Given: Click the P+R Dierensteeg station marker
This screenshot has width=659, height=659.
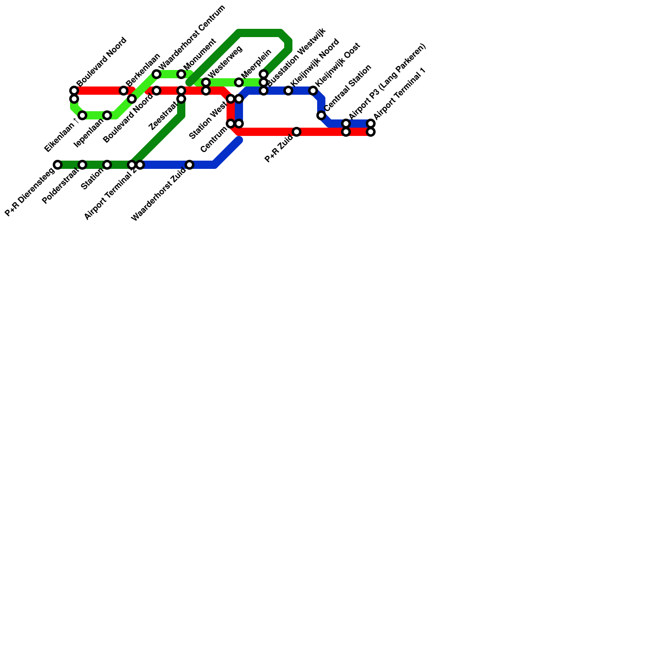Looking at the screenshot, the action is click(x=58, y=165).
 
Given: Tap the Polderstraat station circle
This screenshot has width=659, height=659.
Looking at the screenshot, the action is click(x=82, y=165).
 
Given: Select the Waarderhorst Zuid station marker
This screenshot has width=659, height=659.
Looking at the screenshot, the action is click(x=189, y=165).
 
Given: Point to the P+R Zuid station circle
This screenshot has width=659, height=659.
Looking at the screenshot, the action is click(x=297, y=132).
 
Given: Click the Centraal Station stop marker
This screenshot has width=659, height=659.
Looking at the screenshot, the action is click(x=321, y=115).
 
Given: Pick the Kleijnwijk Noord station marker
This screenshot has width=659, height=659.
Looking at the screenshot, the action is click(x=288, y=91).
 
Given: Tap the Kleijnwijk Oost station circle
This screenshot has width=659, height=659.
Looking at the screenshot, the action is click(x=313, y=91).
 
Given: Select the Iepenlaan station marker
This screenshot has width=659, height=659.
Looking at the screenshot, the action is click(x=107, y=115).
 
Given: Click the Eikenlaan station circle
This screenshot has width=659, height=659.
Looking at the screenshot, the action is click(x=82, y=115).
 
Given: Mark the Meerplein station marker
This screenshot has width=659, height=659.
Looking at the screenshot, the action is click(x=239, y=82).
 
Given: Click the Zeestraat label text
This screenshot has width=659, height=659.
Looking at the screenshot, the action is click(x=163, y=117).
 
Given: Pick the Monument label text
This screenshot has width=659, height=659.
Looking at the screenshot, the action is click(x=200, y=54).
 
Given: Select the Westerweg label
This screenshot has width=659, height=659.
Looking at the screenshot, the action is click(x=225, y=61).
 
